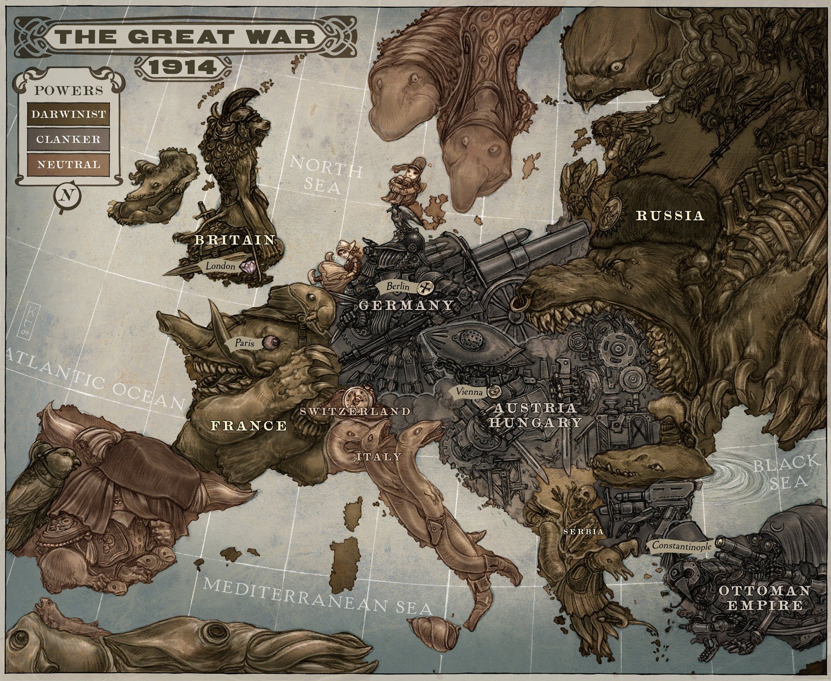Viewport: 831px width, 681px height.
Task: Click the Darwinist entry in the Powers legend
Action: pos(67,114)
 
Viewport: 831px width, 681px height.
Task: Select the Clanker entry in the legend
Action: pos(67,139)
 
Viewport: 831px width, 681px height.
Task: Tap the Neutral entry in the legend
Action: pos(67,164)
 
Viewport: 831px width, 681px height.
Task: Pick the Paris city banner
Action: pos(242,343)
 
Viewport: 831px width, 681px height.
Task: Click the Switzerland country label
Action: pos(355,411)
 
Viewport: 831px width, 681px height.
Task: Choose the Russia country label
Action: pos(670,216)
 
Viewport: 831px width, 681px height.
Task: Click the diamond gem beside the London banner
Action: pos(252,266)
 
